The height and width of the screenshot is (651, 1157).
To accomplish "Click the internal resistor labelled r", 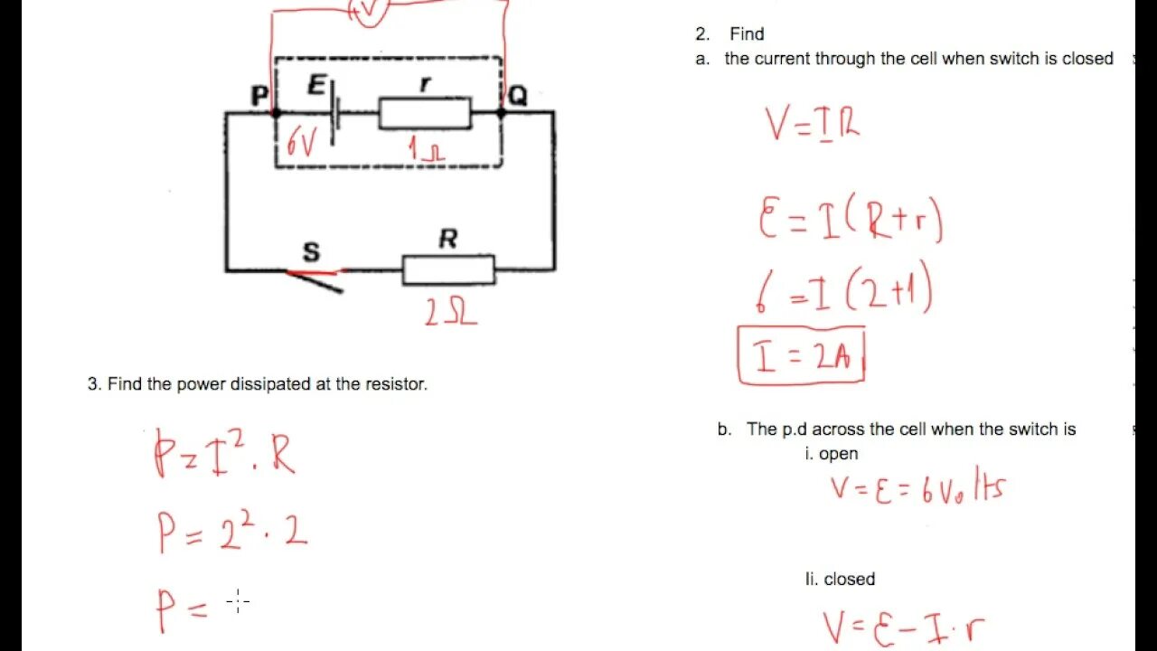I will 425,114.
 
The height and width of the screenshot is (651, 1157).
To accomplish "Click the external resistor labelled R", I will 448,269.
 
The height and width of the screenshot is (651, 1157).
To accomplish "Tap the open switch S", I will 315,276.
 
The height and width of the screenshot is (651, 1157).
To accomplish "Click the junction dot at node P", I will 276,113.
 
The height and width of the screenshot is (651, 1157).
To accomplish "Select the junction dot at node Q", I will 502,113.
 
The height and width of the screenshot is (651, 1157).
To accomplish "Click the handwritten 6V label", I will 302,143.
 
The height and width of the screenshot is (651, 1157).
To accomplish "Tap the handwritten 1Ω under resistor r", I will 426,149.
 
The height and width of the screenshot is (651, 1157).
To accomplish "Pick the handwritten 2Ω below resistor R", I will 450,312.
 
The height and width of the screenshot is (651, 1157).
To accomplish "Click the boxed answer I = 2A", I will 801,356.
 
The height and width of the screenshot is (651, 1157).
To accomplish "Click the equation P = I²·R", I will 224,452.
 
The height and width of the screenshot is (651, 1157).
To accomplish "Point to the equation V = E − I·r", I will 903,627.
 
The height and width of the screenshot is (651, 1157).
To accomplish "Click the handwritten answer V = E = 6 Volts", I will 917,488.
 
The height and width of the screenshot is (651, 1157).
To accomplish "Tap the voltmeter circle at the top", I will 369,9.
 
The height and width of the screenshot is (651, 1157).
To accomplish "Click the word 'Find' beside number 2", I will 747,34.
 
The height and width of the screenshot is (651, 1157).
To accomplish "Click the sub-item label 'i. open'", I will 831,454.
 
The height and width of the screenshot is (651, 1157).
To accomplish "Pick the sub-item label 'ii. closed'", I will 840,579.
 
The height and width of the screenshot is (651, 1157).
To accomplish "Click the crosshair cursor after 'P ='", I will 238,600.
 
